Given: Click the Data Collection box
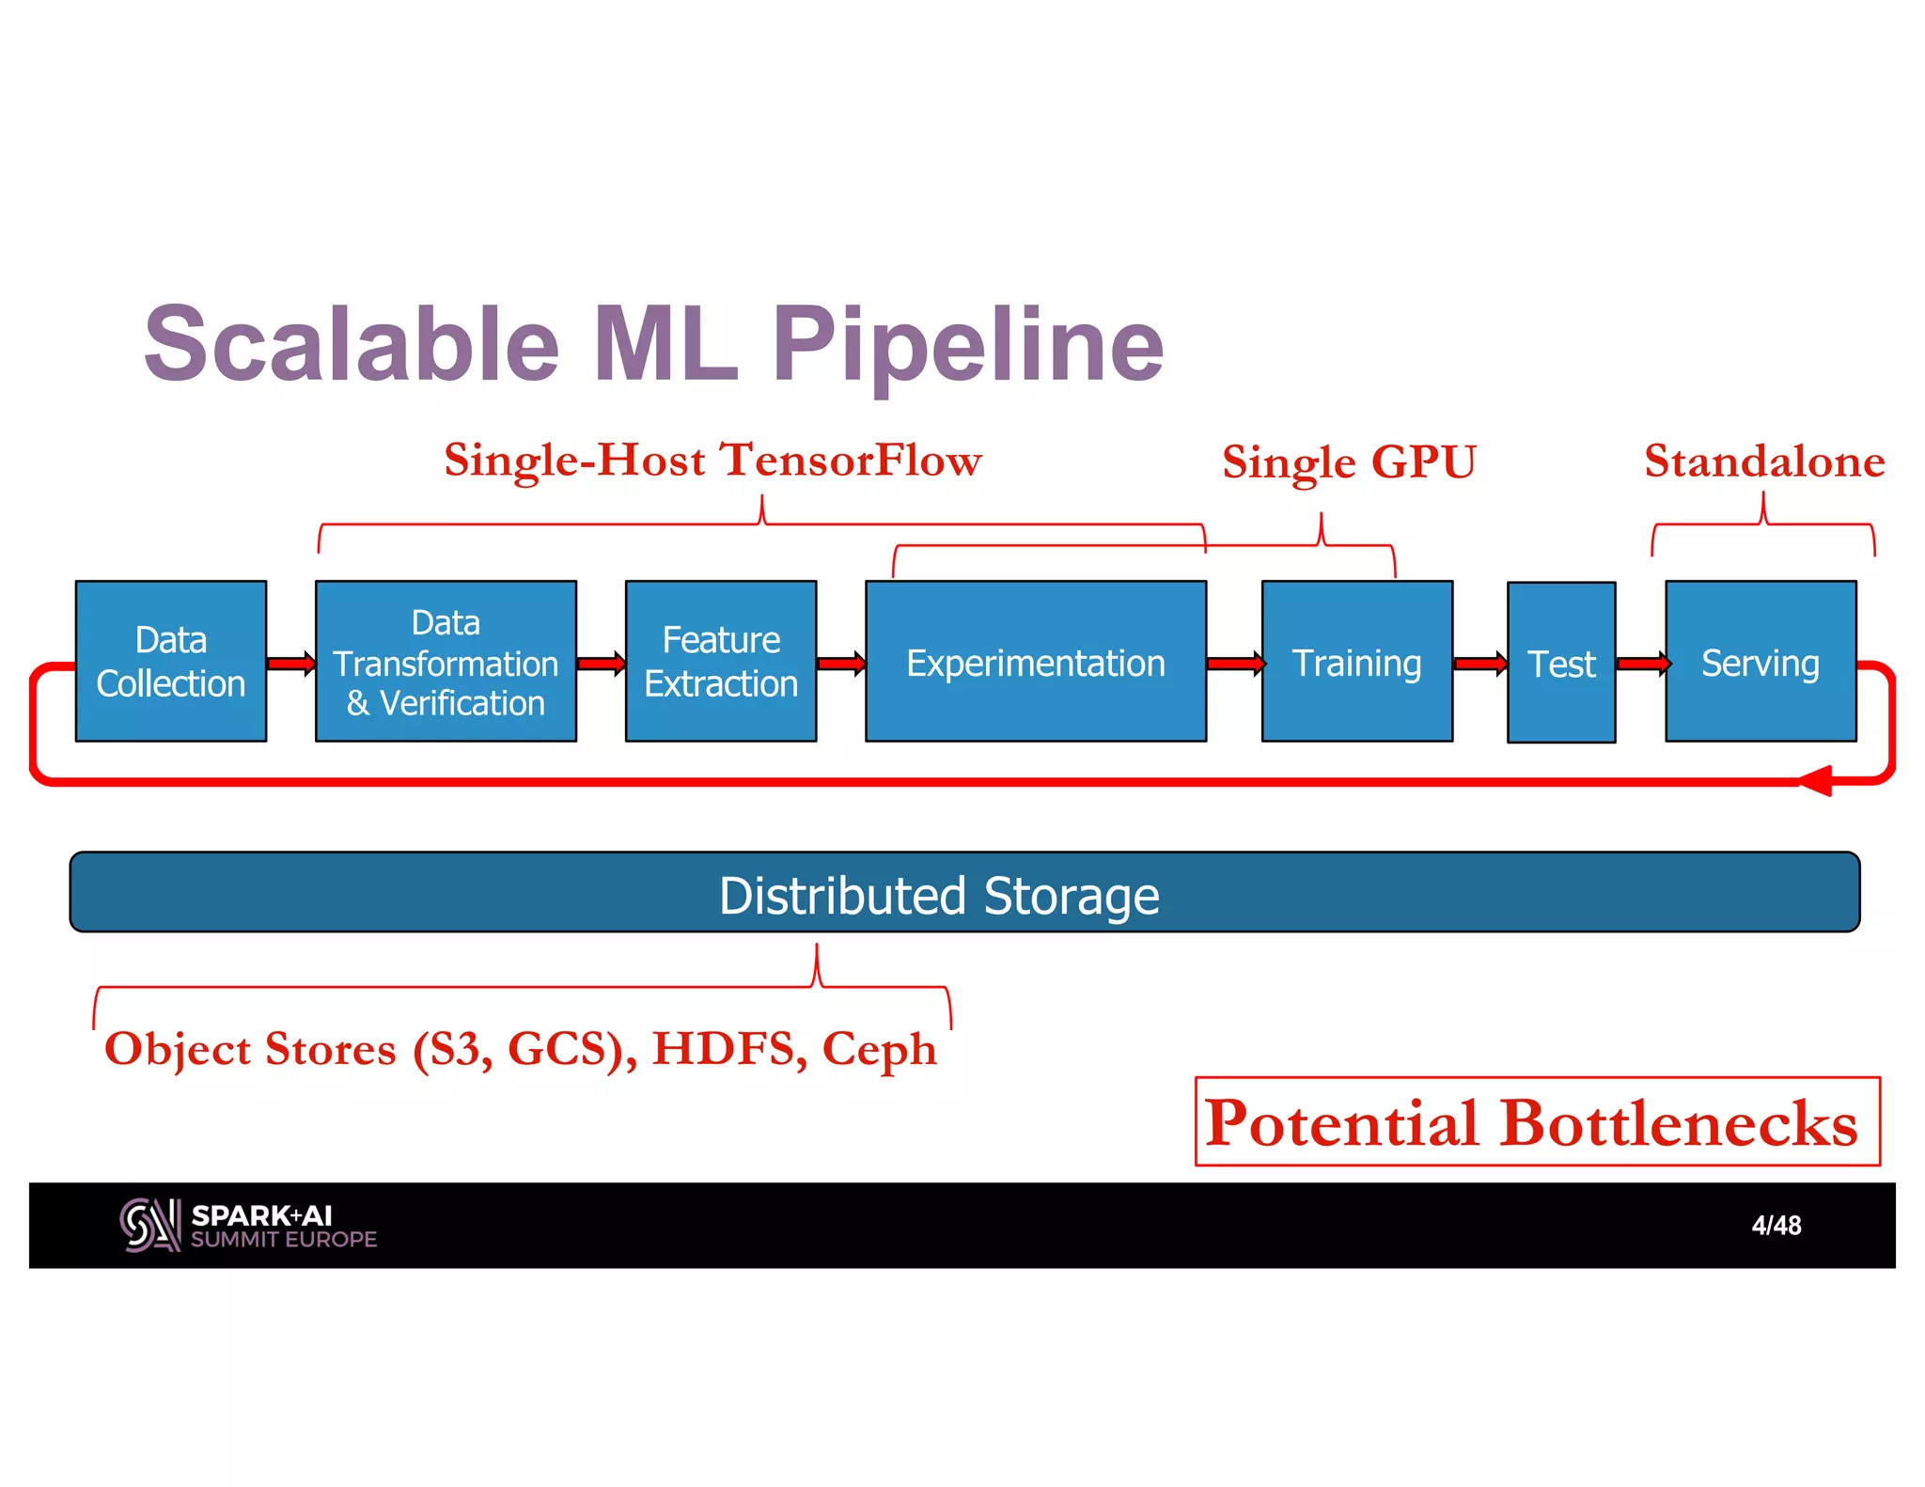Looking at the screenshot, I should [x=171, y=661].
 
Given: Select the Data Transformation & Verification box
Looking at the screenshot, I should [x=446, y=661].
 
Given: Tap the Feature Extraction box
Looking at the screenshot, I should [x=721, y=661].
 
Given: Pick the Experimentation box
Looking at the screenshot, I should [x=1035, y=661].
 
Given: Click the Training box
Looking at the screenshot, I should [x=1356, y=661].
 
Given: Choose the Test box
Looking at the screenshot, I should [x=1560, y=663].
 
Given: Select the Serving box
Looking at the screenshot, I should [x=1760, y=661].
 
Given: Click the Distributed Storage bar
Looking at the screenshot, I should [x=964, y=892].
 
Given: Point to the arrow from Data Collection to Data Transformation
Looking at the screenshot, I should [x=290, y=664].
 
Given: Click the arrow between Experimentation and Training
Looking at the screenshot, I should [x=1234, y=664].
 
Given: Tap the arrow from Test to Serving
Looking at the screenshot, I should [x=1641, y=664].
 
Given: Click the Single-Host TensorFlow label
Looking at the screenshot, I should [x=712, y=461].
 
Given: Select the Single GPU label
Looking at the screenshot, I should [x=1349, y=462].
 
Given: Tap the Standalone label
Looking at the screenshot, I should [x=1764, y=462].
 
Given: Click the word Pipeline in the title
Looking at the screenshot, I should [x=968, y=346].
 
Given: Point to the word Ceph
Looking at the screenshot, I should [x=879, y=1049].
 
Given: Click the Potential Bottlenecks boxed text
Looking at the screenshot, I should [x=1536, y=1121].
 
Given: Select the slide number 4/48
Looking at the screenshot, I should [x=1776, y=1225].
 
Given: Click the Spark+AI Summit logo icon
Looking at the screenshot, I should [x=149, y=1225].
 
